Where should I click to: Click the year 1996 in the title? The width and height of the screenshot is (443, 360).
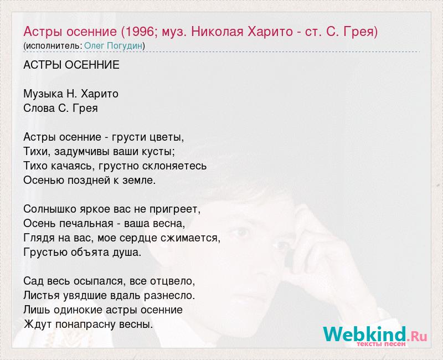138,32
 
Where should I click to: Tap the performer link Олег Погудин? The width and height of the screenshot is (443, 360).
114,46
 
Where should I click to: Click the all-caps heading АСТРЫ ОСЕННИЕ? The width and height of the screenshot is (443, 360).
71,65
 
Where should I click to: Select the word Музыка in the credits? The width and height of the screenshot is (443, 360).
44,94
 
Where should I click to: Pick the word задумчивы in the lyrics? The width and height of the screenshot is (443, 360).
82,151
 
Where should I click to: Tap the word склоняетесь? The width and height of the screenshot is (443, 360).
174,166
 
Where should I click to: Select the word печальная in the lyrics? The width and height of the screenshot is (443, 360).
86,224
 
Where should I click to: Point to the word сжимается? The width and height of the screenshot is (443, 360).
189,238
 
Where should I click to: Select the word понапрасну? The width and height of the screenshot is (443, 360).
86,325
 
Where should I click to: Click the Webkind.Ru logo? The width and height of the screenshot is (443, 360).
375,335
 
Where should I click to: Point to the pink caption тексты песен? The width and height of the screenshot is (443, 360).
381,344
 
